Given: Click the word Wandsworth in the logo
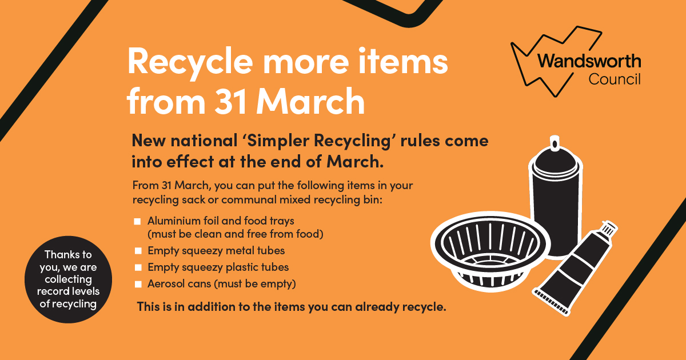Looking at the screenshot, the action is (x=589, y=61).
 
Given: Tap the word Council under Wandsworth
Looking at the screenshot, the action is (x=615, y=79).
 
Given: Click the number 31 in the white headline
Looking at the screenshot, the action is (x=230, y=101).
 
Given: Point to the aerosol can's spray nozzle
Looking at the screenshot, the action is (x=555, y=143).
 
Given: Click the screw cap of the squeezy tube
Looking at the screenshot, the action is (x=609, y=229).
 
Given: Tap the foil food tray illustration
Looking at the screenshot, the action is (x=490, y=251).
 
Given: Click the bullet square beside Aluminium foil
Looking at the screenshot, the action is (x=137, y=221).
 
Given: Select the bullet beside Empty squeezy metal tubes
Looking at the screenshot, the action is (x=138, y=251).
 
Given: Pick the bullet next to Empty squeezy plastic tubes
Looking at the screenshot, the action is (x=138, y=267).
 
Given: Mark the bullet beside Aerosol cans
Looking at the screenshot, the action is (x=138, y=285).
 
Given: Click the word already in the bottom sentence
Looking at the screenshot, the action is (x=377, y=307).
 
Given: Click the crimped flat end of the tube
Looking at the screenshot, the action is (x=551, y=302).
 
